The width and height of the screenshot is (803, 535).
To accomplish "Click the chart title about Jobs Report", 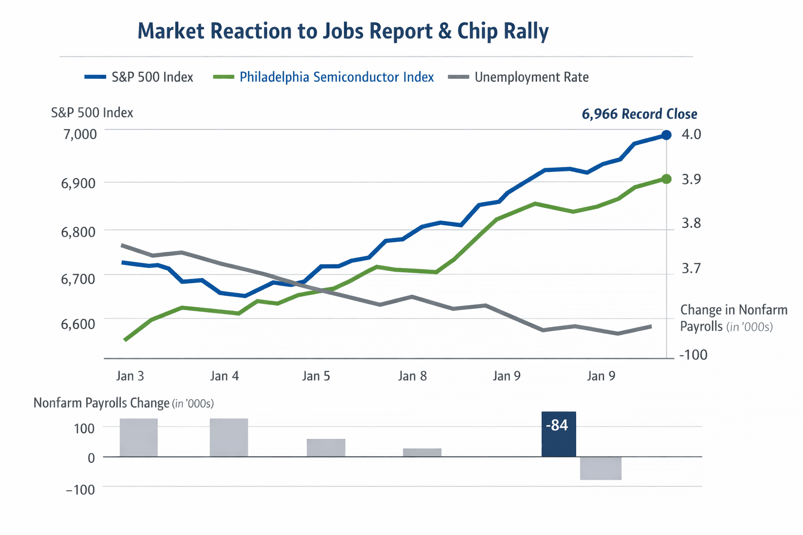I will tap(343, 31).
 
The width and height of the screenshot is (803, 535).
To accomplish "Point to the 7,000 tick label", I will tap(80, 134).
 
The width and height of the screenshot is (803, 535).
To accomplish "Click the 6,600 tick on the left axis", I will tap(78, 324).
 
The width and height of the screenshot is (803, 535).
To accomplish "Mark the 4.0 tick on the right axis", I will tap(691, 134).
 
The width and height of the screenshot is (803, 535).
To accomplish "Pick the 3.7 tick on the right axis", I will tap(691, 269).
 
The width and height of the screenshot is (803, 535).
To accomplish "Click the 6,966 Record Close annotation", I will tap(639, 114).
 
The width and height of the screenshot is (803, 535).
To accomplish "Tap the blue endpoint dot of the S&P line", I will tap(667, 135).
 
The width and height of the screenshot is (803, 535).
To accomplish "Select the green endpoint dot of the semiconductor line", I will tap(667, 179).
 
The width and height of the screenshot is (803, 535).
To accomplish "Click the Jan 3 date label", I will tap(130, 376).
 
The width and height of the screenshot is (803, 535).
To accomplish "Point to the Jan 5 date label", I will tap(316, 376).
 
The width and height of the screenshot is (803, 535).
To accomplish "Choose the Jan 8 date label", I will tap(412, 376).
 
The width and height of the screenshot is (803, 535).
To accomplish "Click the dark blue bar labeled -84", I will tap(558, 435).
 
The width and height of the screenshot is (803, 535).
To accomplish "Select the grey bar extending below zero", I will tap(601, 468).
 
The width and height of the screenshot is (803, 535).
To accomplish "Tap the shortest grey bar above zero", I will tap(422, 452).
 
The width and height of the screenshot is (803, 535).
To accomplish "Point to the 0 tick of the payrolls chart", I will tap(91, 458).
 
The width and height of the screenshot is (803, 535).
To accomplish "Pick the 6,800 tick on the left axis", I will tap(78, 231).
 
